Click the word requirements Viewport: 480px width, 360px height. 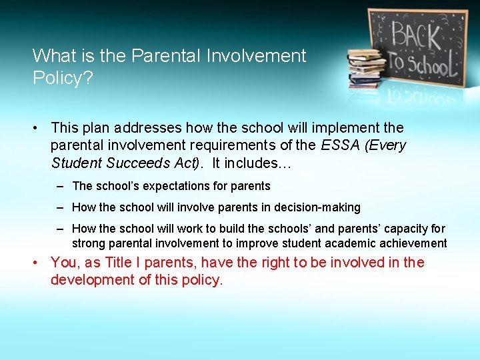pos(247,145)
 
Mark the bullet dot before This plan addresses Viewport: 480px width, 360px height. pos(39,127)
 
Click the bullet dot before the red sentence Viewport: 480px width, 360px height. pos(39,263)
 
